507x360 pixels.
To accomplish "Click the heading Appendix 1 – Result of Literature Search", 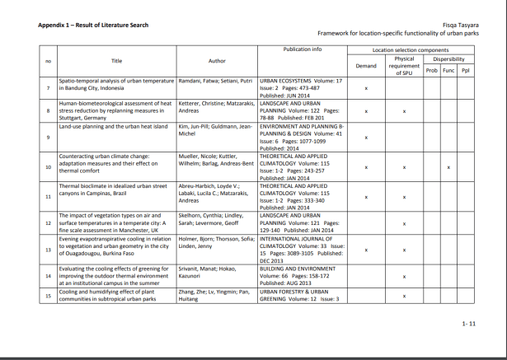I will [x=93, y=25].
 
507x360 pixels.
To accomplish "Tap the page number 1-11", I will [x=467, y=324].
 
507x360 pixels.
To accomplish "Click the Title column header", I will [x=116, y=61].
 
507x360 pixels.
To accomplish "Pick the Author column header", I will [x=217, y=61].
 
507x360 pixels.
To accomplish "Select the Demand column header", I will [x=365, y=66].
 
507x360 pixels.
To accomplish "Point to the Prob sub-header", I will [x=431, y=70].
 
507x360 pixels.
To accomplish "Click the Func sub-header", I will [x=448, y=70].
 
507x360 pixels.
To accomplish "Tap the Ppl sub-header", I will [x=465, y=70].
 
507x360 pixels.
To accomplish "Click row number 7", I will [x=49, y=88].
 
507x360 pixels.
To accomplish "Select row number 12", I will [x=49, y=222].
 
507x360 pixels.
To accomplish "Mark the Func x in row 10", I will [x=448, y=168].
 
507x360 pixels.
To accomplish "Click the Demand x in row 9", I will [x=365, y=137].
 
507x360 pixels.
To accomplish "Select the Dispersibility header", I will [x=448, y=59].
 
